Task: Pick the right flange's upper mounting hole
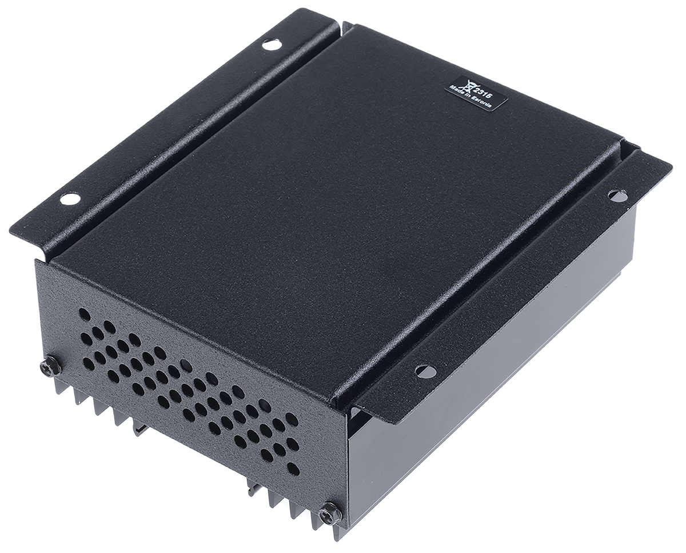pos(618,194)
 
